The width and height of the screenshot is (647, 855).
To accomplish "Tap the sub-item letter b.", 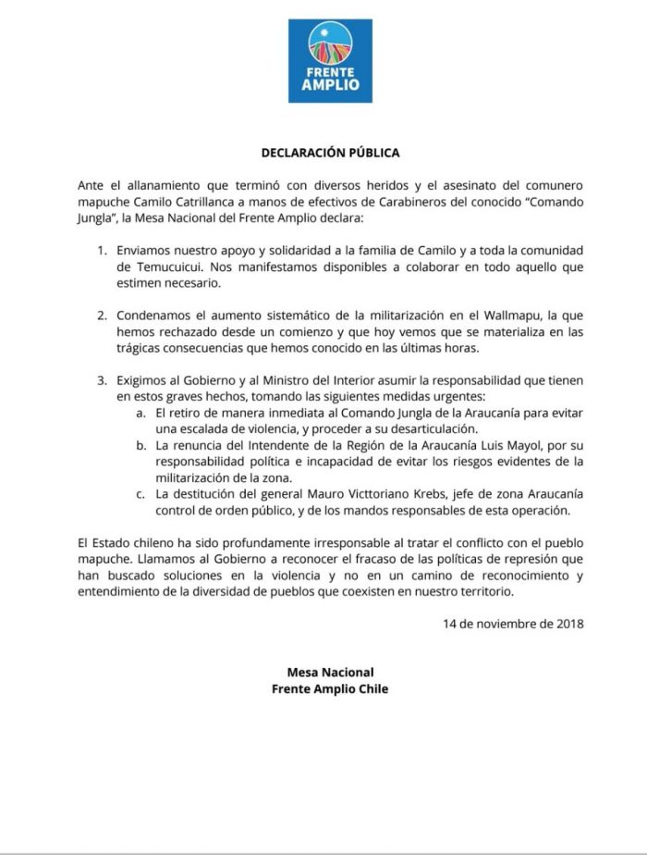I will click(140, 445).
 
